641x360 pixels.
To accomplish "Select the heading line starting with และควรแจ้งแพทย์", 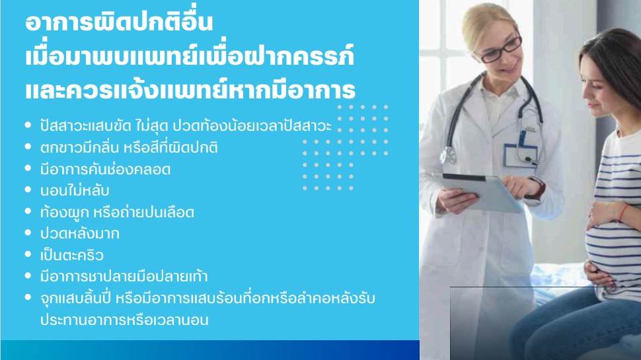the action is [x=190, y=89].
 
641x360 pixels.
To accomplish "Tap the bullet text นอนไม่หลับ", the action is [x=75, y=191].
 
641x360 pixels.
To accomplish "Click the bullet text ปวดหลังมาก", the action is [x=80, y=234].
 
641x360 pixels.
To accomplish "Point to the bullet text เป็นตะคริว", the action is [x=71, y=255].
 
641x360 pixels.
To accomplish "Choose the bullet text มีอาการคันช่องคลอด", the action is [x=105, y=169].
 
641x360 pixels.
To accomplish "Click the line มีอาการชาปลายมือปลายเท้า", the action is [x=124, y=277].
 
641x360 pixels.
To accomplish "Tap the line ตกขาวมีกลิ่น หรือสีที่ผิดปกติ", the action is [x=129, y=147].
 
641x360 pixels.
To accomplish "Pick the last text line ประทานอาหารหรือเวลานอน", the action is [x=124, y=320].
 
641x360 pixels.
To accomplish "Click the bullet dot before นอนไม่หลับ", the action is [x=28, y=190].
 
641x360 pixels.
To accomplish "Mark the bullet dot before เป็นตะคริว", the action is [x=28, y=254].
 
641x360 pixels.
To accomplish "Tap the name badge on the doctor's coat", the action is [x=521, y=155].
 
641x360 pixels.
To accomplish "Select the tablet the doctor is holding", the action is [x=482, y=192].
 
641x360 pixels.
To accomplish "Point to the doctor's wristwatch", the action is [x=537, y=188].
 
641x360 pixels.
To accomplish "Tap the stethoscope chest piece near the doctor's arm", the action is [x=449, y=155].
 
